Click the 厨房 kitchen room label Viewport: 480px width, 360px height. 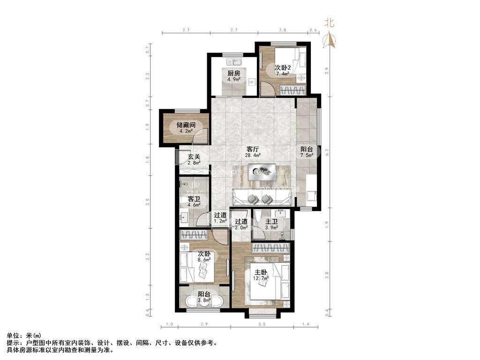pos(234,73)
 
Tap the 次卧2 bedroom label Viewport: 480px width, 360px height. pos(283,67)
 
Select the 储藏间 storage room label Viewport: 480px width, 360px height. pos(186,125)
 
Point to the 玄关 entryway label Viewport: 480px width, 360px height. pos(194,157)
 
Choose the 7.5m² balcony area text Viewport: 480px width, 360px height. pos(307,156)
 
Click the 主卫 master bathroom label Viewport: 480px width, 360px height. pos(272,222)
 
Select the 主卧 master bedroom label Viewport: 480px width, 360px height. pos(261,272)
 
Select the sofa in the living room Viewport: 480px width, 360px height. pos(262,199)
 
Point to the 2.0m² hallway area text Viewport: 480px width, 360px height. pos(241,228)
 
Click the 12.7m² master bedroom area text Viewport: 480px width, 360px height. pos(262,278)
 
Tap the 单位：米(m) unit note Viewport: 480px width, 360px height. pos(24,336)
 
